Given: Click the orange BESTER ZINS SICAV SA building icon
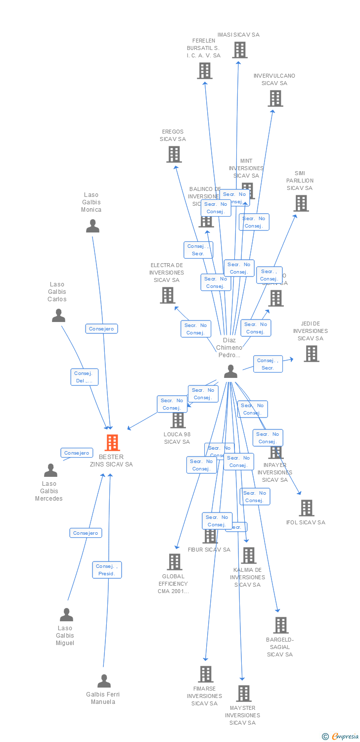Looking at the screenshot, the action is tap(112, 443).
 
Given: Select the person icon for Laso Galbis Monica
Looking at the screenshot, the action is tap(92, 226).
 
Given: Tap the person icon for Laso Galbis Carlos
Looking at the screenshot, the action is tap(58, 316).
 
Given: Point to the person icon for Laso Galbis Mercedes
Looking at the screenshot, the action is tap(50, 470).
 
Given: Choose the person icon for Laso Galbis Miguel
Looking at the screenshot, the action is tap(66, 615).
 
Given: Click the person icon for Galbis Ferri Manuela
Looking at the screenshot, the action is tap(104, 681).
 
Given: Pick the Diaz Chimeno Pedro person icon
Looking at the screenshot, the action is tap(230, 371).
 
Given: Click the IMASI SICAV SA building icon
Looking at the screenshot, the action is tap(240, 50).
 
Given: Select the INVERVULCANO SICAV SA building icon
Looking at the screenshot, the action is tap(275, 98).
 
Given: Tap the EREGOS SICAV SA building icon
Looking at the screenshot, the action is tap(174, 154).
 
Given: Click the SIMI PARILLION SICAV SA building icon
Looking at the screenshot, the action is tap(301, 203).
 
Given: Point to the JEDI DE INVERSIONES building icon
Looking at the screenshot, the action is tap(311, 353).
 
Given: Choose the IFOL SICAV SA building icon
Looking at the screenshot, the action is tap(307, 508).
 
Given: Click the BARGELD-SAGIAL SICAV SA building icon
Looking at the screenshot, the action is tap(280, 625).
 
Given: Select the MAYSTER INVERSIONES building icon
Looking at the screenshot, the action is tap(243, 693).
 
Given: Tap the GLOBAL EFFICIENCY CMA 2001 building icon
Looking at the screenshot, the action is tap(174, 561).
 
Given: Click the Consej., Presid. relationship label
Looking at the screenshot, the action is tap(107, 570).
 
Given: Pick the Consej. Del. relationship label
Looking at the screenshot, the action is tap(85, 377).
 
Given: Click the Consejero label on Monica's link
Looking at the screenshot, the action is tap(102, 328).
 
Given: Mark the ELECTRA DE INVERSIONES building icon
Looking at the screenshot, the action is tap(168, 295).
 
